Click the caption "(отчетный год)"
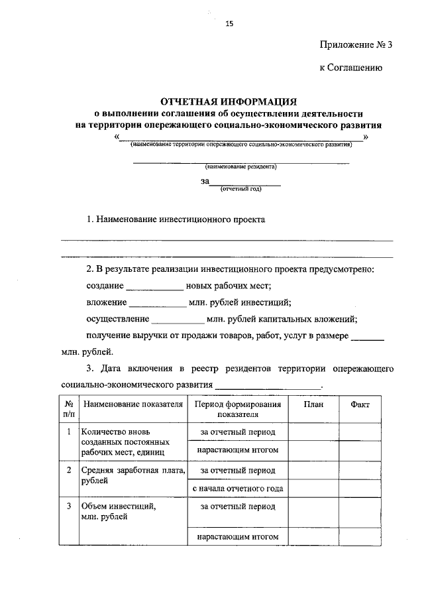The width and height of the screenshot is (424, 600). coord(241,189)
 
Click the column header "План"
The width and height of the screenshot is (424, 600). coord(313,404)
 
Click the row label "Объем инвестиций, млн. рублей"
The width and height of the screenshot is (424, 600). coord(119,512)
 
